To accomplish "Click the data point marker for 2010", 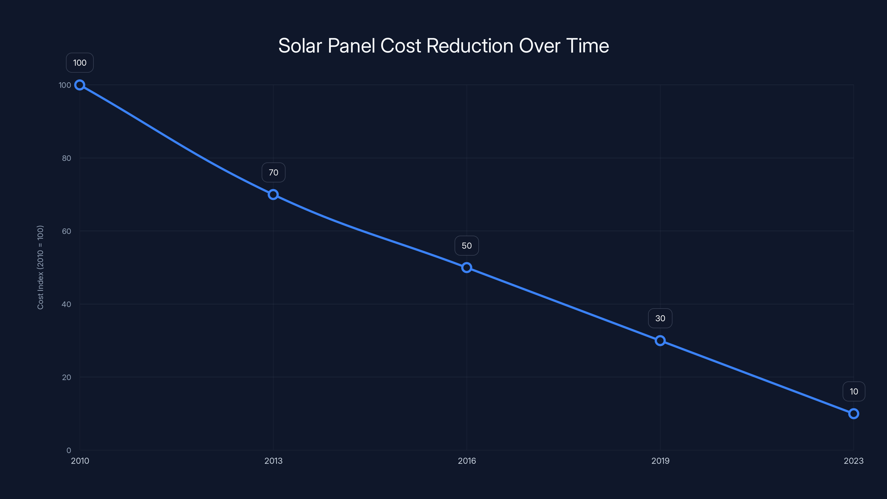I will (80, 85).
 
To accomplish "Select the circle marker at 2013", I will (273, 195).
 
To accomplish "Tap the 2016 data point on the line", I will (467, 268).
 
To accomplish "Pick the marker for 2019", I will (660, 341).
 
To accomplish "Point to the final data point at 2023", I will (854, 414).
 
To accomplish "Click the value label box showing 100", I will (80, 63).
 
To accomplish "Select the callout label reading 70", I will (273, 172).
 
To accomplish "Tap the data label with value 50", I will (467, 246).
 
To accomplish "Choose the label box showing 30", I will (660, 318).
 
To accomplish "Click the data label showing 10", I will (854, 391).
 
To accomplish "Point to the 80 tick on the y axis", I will (67, 158).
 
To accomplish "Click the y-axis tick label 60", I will (67, 231).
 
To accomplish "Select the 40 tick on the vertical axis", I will (67, 304).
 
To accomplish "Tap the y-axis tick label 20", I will (67, 377).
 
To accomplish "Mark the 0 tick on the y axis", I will (69, 450).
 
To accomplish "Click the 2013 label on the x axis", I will (273, 461).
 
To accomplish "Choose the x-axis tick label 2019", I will (660, 461).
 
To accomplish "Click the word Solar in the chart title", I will (300, 46).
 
